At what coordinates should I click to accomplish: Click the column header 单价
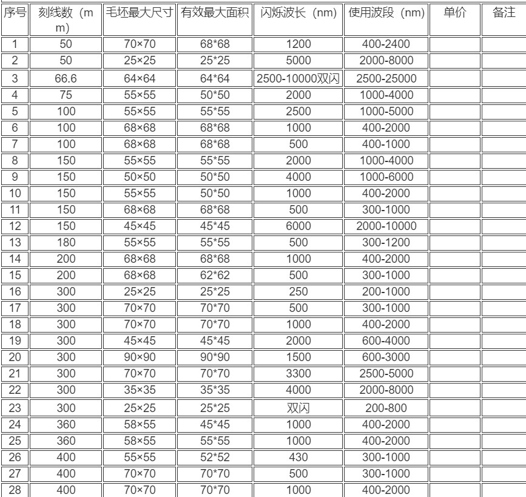click(x=454, y=13)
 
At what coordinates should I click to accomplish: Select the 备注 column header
click(x=504, y=13)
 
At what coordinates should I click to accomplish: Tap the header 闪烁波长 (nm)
click(x=298, y=13)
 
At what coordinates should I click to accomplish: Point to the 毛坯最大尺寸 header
click(x=139, y=13)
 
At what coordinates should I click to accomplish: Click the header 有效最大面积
click(x=215, y=13)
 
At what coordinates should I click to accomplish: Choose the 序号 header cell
click(x=15, y=13)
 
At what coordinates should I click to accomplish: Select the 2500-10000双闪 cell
click(x=298, y=78)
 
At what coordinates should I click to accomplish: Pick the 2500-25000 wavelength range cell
click(x=386, y=78)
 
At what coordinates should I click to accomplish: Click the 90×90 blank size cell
click(x=139, y=357)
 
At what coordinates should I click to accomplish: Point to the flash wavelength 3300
click(x=298, y=373)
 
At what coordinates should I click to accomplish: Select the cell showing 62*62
click(x=215, y=275)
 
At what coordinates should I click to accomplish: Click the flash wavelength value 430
click(x=298, y=457)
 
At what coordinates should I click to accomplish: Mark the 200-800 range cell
click(x=386, y=408)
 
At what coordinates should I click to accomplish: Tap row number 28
click(x=15, y=490)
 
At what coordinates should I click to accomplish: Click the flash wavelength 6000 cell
click(x=298, y=226)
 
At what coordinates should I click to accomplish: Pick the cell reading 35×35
click(x=139, y=390)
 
